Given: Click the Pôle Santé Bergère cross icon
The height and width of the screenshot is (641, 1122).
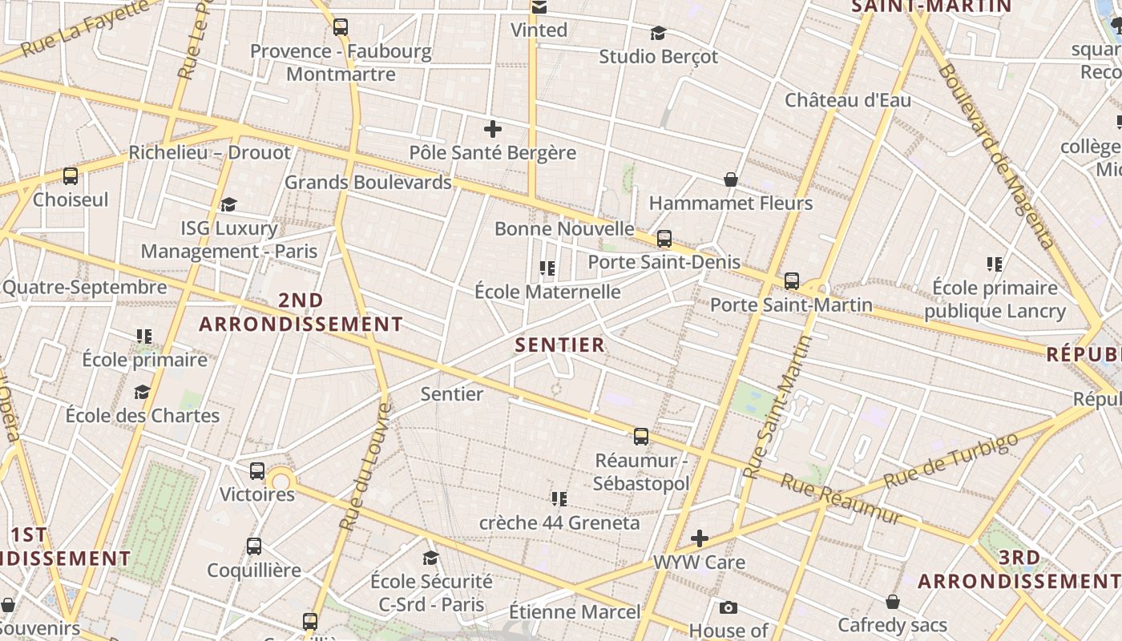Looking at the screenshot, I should [493, 128].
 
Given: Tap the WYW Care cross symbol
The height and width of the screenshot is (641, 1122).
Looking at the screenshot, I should [700, 538].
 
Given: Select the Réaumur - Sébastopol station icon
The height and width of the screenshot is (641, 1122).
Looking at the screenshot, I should [641, 437].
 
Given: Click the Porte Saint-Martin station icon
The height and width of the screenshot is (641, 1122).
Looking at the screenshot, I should [792, 281].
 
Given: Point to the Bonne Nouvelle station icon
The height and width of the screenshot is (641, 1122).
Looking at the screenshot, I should [664, 238].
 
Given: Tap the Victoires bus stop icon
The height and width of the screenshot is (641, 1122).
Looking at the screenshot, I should [257, 471].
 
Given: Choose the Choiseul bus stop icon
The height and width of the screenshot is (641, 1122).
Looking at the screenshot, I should [71, 176].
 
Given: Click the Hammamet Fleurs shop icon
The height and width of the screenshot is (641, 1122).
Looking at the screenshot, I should [731, 179].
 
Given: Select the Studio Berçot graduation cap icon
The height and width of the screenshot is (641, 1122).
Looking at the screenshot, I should [658, 33].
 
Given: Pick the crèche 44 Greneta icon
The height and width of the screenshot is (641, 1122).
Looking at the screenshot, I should [559, 499].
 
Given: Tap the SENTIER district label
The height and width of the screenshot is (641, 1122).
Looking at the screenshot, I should [559, 345].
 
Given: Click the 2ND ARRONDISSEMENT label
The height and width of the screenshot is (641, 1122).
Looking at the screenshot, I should [301, 312].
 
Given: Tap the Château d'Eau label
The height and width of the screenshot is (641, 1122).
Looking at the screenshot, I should [848, 100].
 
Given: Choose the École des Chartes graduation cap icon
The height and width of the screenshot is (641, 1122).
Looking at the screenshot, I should [142, 392].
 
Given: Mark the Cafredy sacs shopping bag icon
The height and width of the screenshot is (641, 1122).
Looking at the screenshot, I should [893, 602].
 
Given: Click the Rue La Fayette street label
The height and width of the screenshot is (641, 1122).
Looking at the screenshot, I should [85, 29].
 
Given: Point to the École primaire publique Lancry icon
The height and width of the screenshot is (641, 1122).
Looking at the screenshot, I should [995, 264].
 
